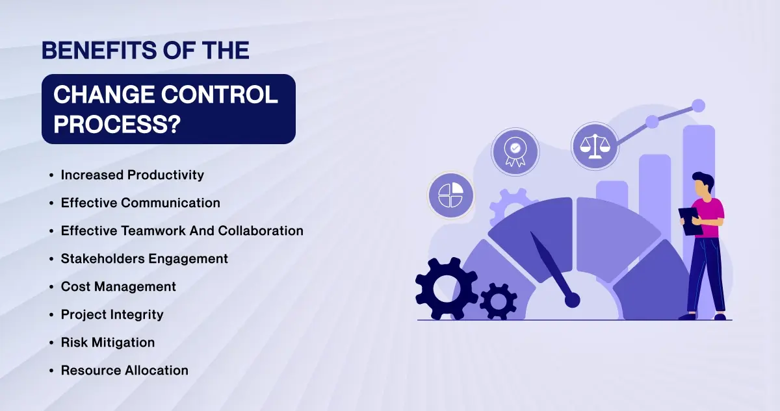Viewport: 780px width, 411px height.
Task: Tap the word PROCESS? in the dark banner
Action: [117, 124]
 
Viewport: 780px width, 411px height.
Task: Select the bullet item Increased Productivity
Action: [133, 175]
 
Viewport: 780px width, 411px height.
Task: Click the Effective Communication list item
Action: [140, 203]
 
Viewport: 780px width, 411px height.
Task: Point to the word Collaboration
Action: [261, 230]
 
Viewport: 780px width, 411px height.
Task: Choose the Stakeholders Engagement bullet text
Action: [144, 259]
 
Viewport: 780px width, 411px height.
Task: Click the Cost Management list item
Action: [118, 287]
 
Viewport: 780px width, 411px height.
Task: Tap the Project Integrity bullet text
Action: [112, 315]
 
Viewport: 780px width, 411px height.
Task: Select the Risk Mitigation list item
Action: [108, 343]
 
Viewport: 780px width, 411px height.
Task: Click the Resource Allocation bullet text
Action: [124, 370]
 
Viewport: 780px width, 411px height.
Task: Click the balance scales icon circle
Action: [595, 145]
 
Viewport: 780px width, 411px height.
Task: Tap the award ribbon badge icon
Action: [515, 152]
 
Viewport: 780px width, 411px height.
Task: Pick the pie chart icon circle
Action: [451, 195]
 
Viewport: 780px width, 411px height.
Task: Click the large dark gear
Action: [446, 288]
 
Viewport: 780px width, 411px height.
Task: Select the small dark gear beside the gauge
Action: [499, 301]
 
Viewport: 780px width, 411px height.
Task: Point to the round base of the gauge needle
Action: [572, 300]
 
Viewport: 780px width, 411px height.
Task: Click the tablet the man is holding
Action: [690, 221]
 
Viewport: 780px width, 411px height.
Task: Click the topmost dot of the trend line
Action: [698, 106]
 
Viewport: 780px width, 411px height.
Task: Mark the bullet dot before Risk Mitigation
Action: [51, 343]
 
